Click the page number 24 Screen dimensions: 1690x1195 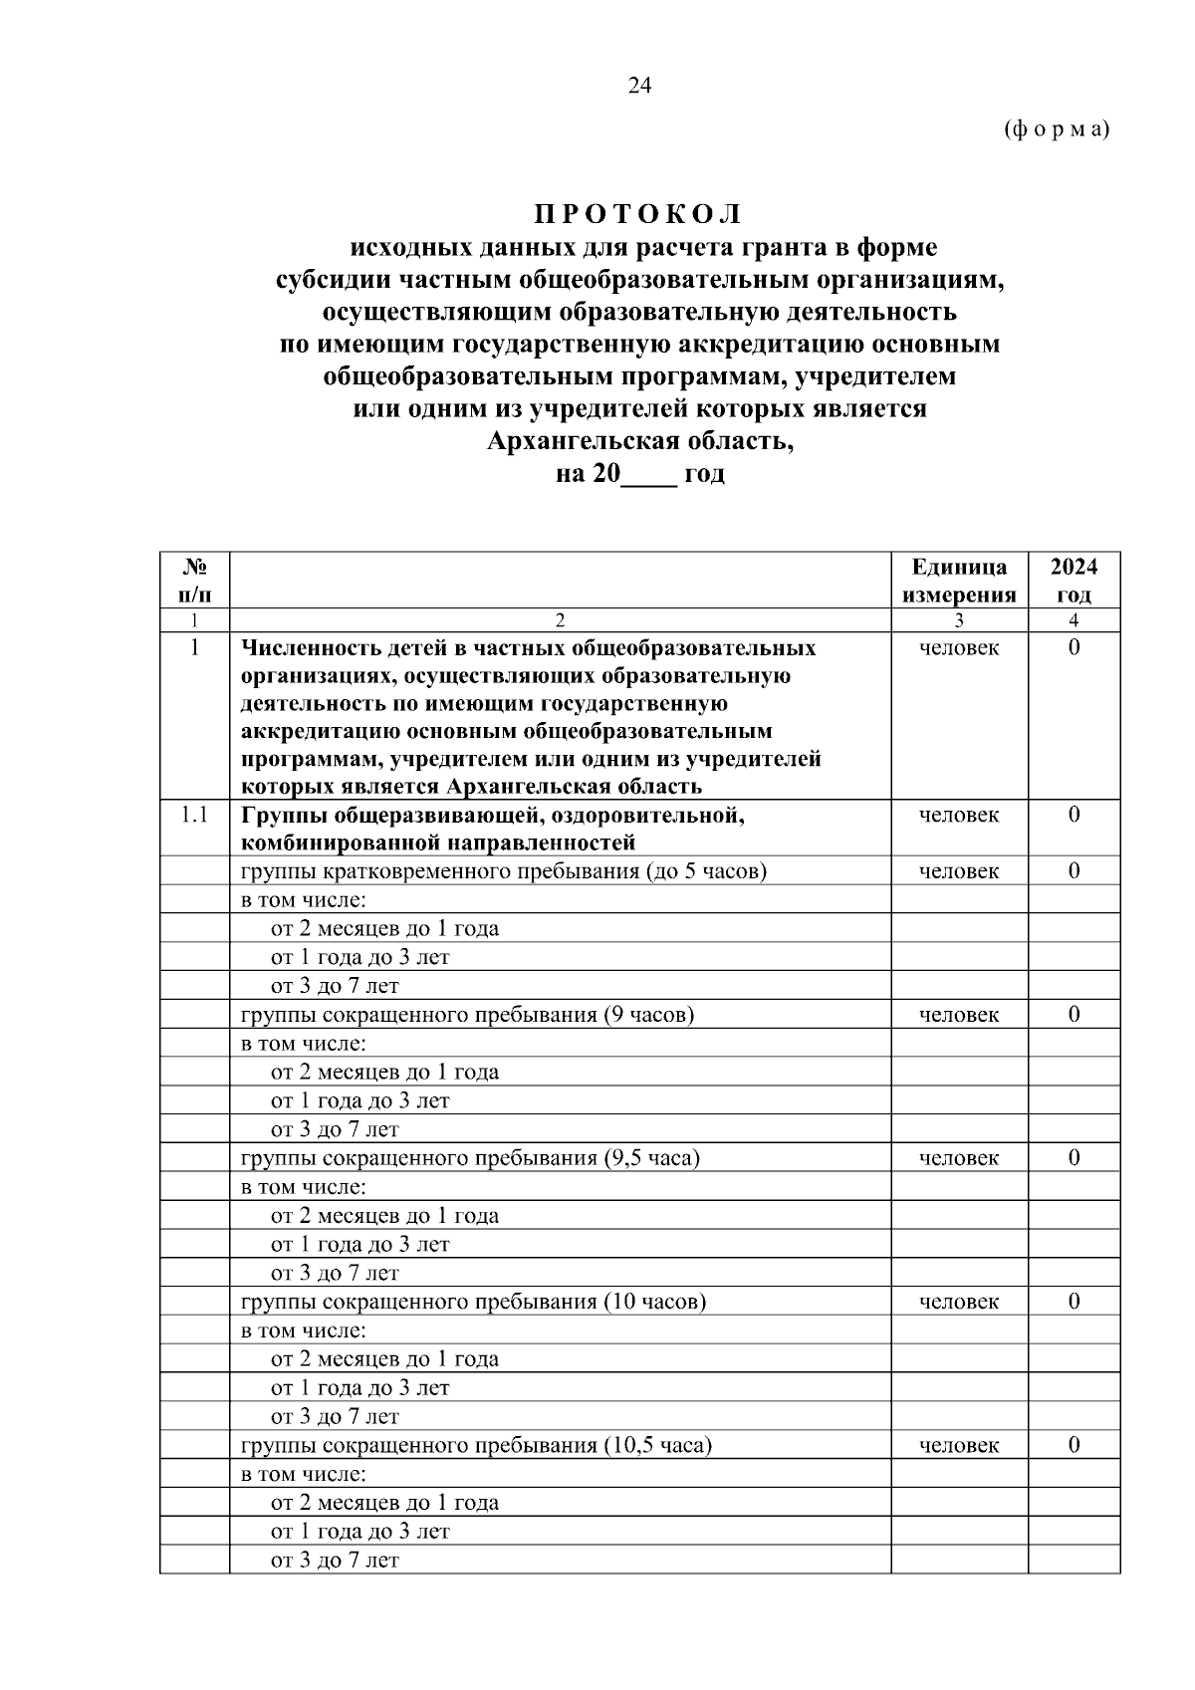pos(639,86)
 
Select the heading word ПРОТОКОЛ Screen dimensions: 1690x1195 pos(638,214)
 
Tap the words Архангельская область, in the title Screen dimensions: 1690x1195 pos(639,440)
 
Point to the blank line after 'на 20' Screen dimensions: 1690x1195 pos(648,476)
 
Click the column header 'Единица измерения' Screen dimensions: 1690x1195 pos(958,581)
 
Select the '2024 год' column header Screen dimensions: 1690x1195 pos(1074,581)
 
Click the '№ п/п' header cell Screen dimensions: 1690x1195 pos(194,581)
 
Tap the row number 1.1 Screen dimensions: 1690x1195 pos(194,815)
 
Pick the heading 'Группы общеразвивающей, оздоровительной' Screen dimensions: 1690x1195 pos(493,815)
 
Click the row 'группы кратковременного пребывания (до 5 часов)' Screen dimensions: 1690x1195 pos(504,871)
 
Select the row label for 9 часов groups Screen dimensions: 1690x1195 pos(467,1015)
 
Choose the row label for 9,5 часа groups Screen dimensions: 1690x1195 pos(470,1158)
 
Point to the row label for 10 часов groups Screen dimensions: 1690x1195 pos(473,1302)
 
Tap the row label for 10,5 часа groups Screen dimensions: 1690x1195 pos(476,1445)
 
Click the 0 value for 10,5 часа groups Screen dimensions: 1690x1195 pos(1074,1445)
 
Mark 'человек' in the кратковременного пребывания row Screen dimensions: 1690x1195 pos(958,871)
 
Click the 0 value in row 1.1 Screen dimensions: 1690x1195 pos(1074,815)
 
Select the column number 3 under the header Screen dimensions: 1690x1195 pos(958,620)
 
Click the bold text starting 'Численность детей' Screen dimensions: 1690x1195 pos(528,648)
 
